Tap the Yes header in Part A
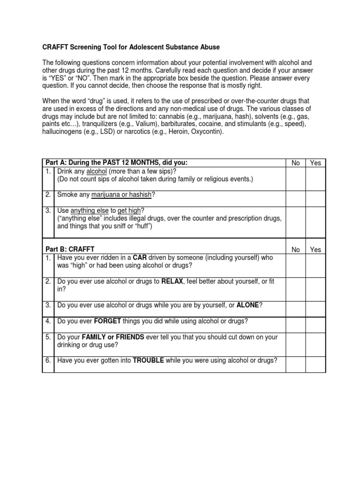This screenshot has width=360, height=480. click(x=315, y=163)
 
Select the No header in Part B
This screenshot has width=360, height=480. click(x=296, y=249)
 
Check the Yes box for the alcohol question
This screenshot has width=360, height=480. click(x=315, y=179)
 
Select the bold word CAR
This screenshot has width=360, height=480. click(x=140, y=257)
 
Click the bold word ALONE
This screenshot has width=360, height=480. click(x=247, y=305)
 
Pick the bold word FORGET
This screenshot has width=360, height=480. click(x=108, y=321)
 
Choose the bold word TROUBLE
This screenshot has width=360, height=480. click(x=148, y=360)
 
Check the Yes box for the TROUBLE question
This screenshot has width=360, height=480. click(x=315, y=364)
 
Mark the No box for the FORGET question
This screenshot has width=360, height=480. click(x=296, y=324)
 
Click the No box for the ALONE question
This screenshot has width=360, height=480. click(x=296, y=308)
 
